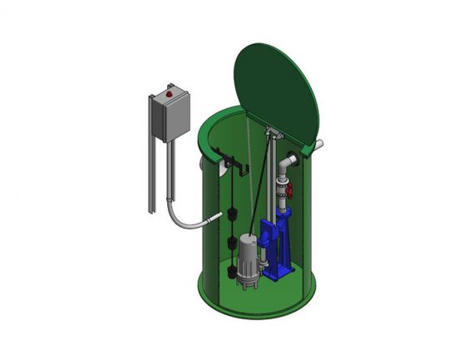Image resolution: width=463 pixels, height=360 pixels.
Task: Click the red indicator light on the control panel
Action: pyautogui.click(x=170, y=95)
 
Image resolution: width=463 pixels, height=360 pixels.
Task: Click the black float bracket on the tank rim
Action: pyautogui.click(x=231, y=162)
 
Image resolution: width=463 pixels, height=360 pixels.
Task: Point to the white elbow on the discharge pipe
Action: pyautogui.click(x=285, y=165)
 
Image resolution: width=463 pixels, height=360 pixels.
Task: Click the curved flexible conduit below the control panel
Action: pyautogui.click(x=185, y=218)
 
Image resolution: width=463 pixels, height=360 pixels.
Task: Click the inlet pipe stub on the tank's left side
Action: pyautogui.click(x=202, y=165)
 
